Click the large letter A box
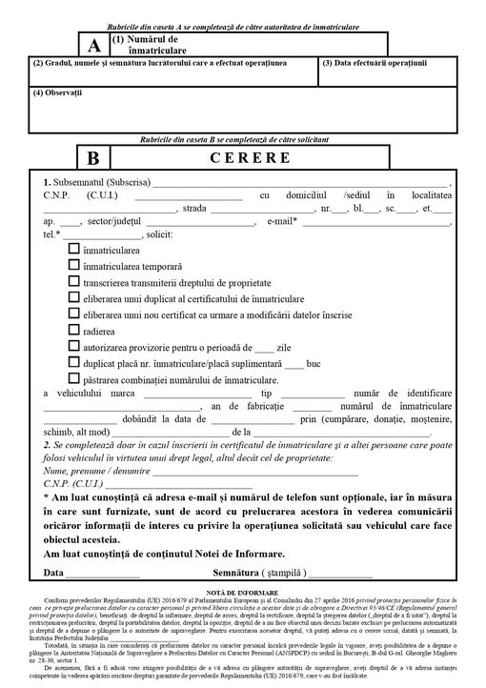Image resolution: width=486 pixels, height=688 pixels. [x=92, y=45]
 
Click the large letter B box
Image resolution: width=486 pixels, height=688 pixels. [x=92, y=157]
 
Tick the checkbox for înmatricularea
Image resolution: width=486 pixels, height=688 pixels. [x=74, y=249]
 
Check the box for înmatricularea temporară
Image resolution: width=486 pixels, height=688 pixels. [x=74, y=265]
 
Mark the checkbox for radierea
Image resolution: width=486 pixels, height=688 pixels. [x=74, y=331]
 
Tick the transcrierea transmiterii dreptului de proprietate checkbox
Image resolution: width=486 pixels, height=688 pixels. [x=74, y=282]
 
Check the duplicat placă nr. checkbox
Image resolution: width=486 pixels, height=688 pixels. [x=74, y=363]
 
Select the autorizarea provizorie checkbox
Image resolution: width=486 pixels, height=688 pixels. [x=74, y=347]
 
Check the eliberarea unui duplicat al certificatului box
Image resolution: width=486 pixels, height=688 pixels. [x=74, y=298]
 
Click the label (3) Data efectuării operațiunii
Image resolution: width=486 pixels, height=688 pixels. [x=374, y=63]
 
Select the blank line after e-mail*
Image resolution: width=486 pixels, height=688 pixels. [x=376, y=221]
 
